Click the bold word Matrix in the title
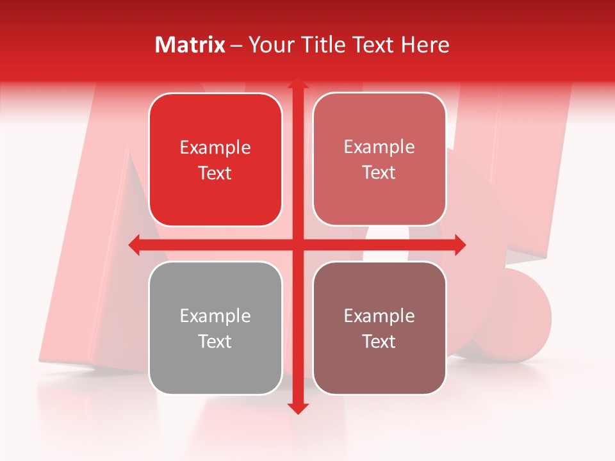coord(190,45)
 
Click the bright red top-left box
coord(215,160)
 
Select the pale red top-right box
coord(379,159)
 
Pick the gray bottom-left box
coord(215,328)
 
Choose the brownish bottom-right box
coord(379,328)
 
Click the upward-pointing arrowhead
coord(297,83)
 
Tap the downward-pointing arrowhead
coord(297,408)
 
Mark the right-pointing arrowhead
coord(459,245)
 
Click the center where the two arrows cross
coord(297,245)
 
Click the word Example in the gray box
coord(215,316)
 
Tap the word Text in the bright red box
coord(215,174)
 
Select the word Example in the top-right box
coord(379,147)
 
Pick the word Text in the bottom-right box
coord(379,341)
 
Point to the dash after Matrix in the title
coord(236,45)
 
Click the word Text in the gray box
coord(215,341)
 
